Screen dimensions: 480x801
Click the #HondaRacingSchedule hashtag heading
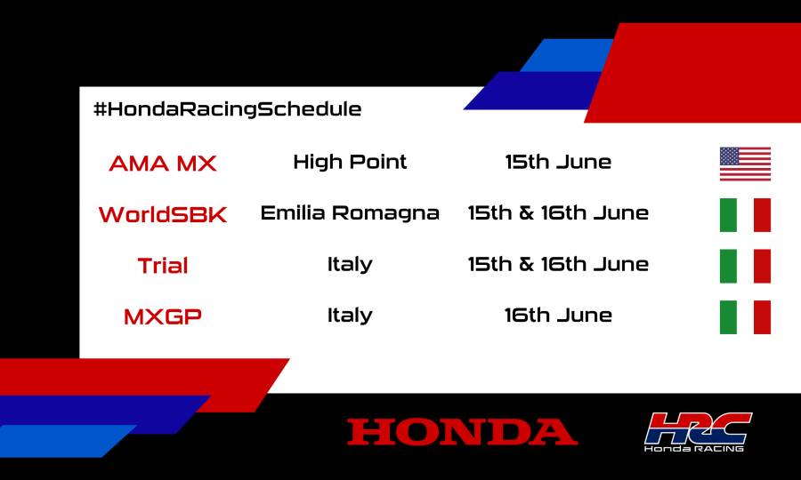pyautogui.click(x=227, y=109)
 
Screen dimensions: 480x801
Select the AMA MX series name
pyautogui.click(x=163, y=164)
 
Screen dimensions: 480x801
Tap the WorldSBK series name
pyautogui.click(x=163, y=214)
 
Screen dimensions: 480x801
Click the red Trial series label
pyautogui.click(x=163, y=265)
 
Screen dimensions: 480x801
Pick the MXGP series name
pyautogui.click(x=163, y=316)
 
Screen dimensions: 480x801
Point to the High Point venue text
pyautogui.click(x=350, y=162)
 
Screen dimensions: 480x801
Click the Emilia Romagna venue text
pyautogui.click(x=350, y=213)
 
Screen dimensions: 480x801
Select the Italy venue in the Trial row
pyautogui.click(x=350, y=264)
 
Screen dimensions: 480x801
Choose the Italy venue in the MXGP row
pyautogui.click(x=350, y=315)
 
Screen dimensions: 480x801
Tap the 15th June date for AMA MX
pyautogui.click(x=558, y=162)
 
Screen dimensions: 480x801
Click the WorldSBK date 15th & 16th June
pyautogui.click(x=558, y=213)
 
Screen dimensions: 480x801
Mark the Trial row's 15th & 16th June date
pyautogui.click(x=558, y=264)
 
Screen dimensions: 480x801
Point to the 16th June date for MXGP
pyautogui.click(x=558, y=315)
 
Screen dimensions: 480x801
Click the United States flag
pyautogui.click(x=745, y=164)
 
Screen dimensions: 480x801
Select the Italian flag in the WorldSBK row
pyautogui.click(x=745, y=215)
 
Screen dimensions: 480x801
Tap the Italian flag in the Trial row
pyautogui.click(x=745, y=266)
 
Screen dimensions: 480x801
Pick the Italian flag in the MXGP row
pyautogui.click(x=745, y=317)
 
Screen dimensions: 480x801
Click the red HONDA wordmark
pyautogui.click(x=462, y=432)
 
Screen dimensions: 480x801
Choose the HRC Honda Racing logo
pyautogui.click(x=698, y=431)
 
